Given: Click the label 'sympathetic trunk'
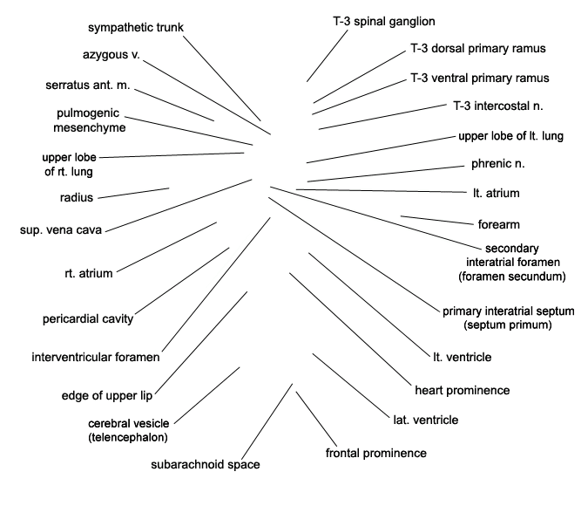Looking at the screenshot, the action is (136, 27).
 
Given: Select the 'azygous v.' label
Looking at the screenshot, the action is (111, 55).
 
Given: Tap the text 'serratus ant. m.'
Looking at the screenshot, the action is (88, 85).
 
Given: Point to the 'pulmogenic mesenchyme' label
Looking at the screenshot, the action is (89, 120).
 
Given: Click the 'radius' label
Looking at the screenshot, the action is (77, 197).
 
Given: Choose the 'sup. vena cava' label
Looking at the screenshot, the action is (61, 230).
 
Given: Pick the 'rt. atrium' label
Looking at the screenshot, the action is (89, 273).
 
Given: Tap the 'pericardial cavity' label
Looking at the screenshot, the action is (88, 319).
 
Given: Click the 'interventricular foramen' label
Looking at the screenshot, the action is (96, 357).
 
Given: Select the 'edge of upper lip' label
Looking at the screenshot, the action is (107, 395).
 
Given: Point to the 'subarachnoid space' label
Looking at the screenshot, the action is (206, 465).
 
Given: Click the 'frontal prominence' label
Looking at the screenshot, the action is (376, 453).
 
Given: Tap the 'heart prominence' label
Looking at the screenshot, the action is (463, 390).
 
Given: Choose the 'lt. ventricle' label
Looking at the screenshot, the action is (463, 357).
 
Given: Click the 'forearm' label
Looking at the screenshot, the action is (499, 224).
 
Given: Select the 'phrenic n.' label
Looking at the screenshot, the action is (498, 164).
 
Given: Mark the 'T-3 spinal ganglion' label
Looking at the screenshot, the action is (384, 22).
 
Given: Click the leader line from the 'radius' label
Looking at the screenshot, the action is (133, 193).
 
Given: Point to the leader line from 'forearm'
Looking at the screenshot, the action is (437, 221).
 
